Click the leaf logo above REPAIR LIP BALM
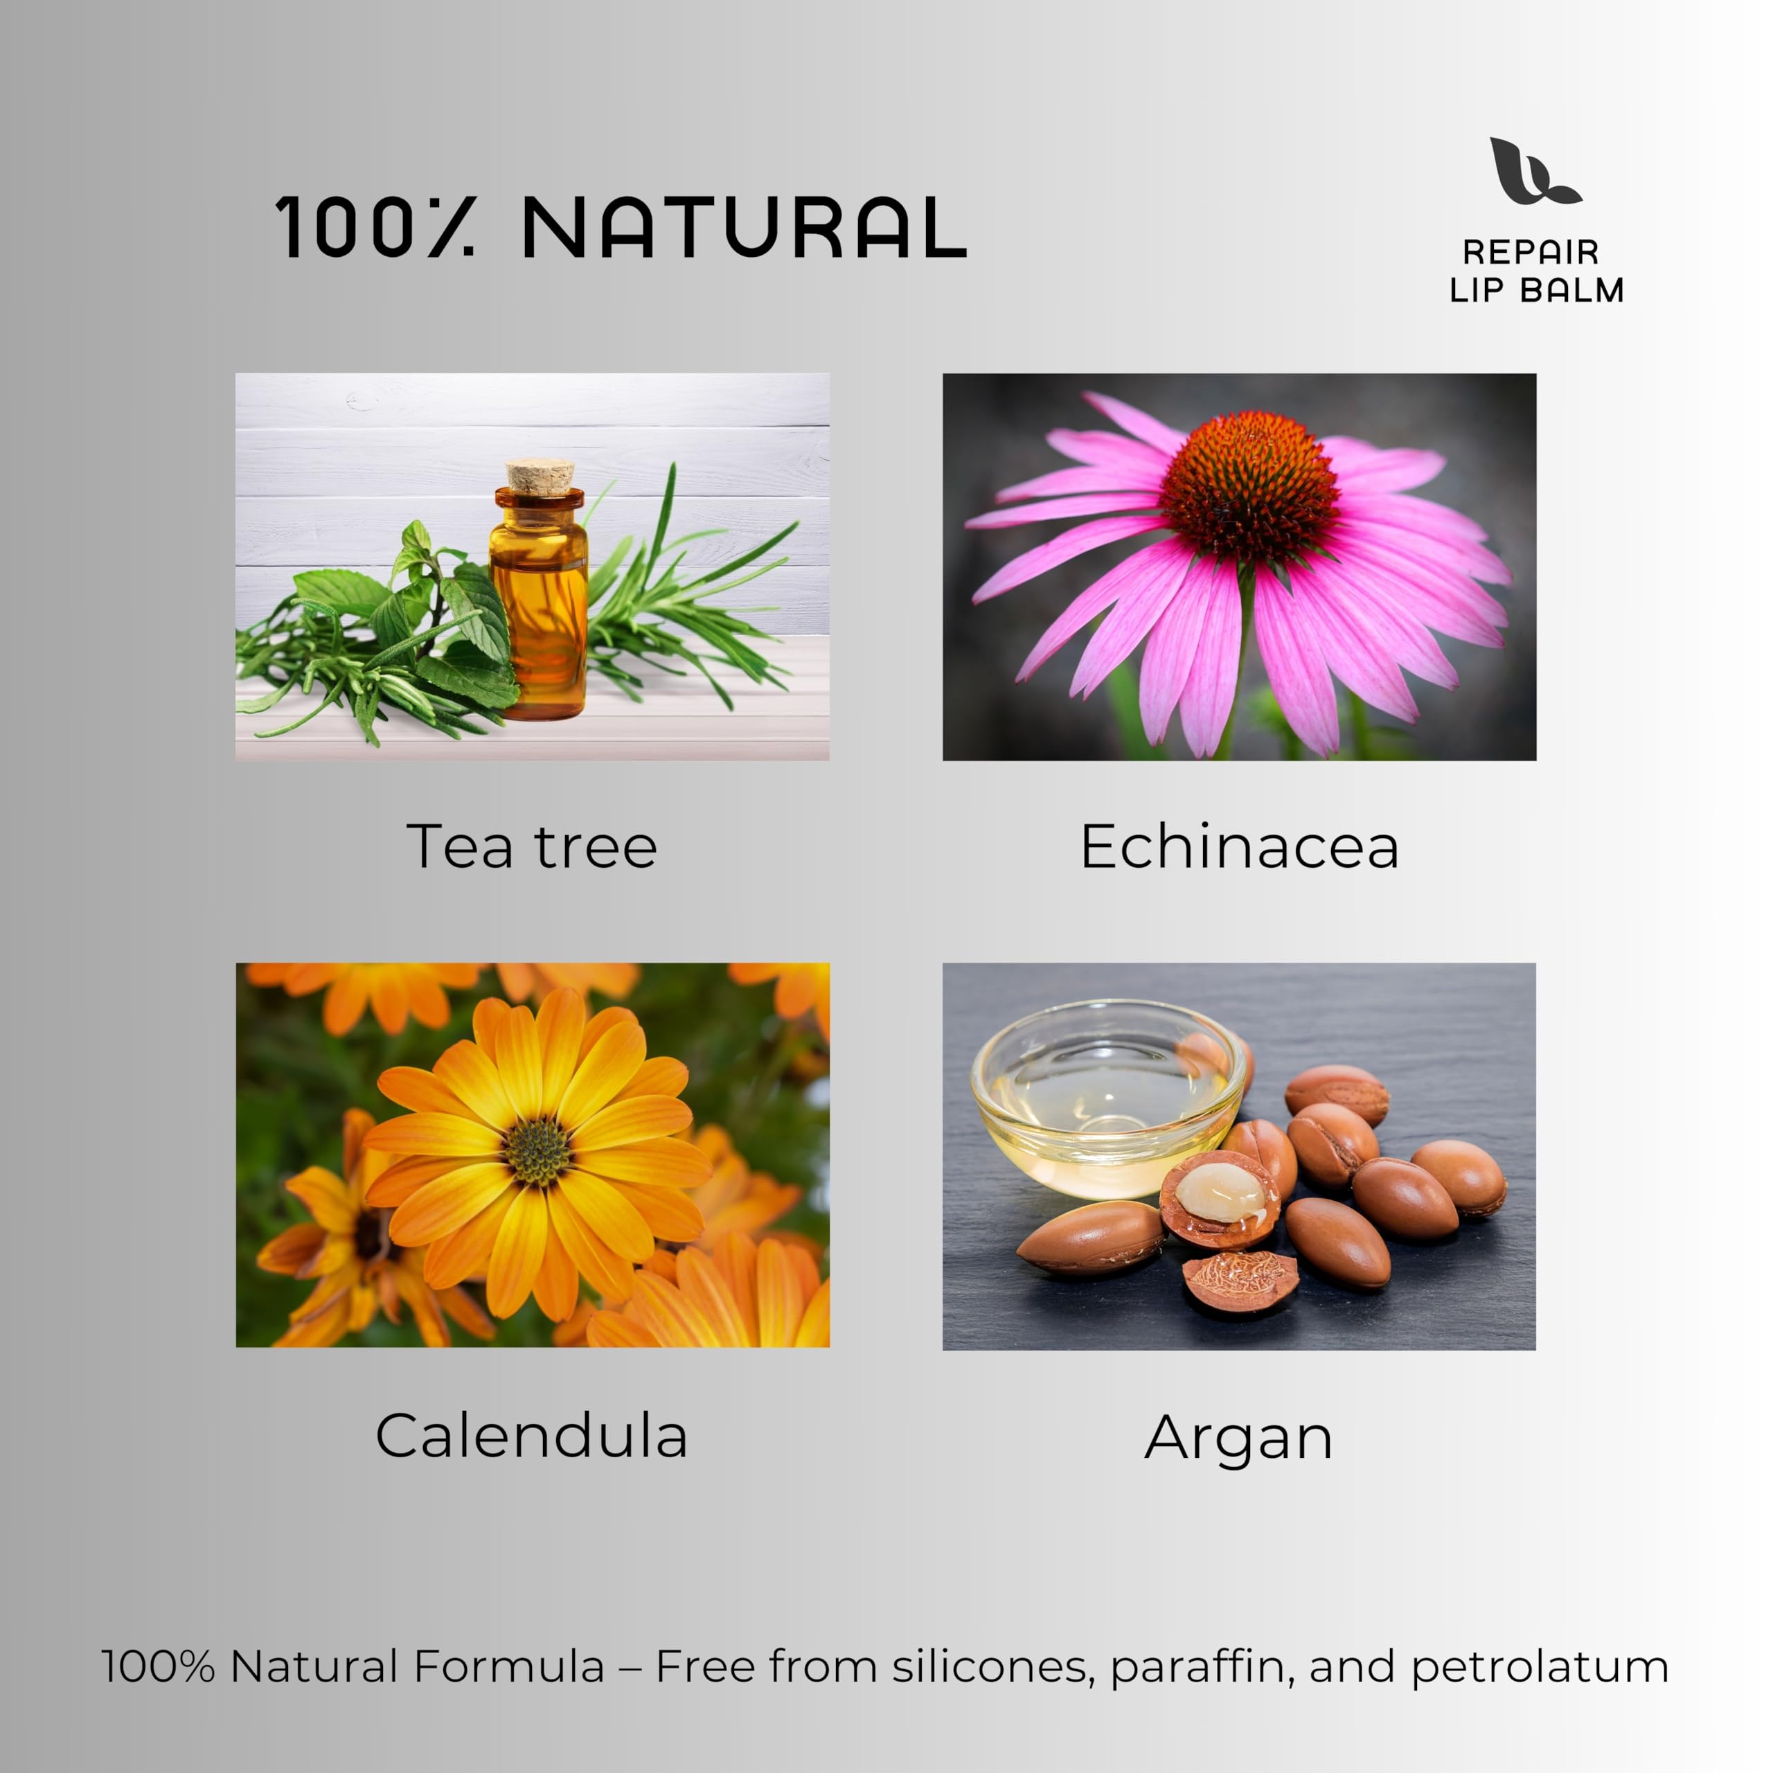[1531, 172]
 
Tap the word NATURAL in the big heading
[745, 226]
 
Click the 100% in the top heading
[375, 226]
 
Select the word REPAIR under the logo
[1531, 251]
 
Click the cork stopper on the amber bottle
[540, 477]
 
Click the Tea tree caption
[533, 846]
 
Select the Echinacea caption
[1240, 846]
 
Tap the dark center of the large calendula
[537, 1150]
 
